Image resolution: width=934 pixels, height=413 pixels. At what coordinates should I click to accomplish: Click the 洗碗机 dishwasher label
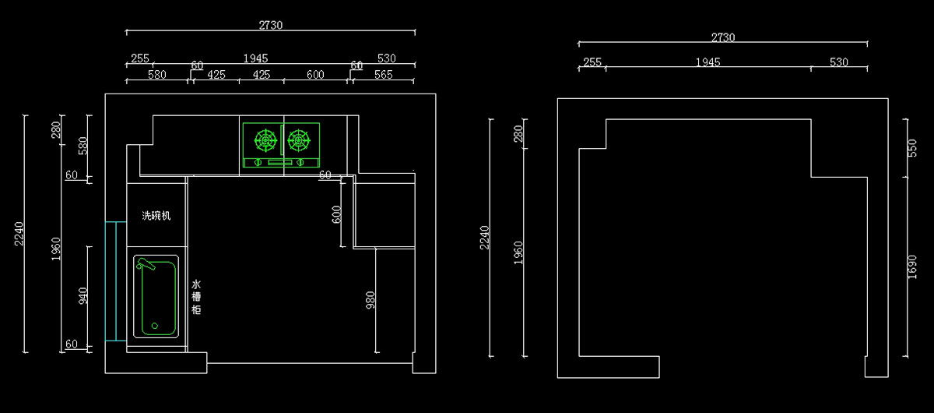156,215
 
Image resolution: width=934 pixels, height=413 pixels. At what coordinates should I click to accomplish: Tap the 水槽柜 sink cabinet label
196,297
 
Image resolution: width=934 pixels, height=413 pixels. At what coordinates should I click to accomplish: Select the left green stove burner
265,141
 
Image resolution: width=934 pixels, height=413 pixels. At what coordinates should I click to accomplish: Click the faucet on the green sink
146,266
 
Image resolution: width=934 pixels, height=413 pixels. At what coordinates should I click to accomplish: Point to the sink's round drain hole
154,326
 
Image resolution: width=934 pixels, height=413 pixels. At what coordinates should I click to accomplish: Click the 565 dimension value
383,75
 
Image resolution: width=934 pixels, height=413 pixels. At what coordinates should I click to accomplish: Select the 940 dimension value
83,295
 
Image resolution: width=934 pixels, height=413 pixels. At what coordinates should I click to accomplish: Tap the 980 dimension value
370,301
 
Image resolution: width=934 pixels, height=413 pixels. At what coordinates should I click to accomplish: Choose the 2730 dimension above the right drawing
722,37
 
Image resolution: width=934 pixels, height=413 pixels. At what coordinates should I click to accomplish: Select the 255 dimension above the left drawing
139,58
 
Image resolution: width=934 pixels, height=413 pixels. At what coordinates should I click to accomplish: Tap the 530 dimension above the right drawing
838,62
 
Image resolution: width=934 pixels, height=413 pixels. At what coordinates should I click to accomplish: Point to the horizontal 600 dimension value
314,75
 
